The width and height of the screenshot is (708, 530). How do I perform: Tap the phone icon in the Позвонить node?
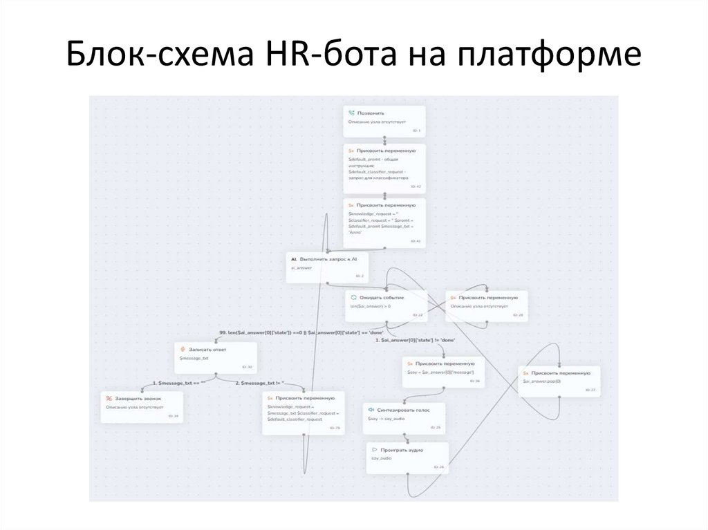(352, 112)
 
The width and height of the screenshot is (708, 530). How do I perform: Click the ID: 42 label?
(416, 187)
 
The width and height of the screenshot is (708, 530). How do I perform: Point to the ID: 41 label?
(416, 241)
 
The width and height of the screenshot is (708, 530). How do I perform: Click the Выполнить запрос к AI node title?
(333, 258)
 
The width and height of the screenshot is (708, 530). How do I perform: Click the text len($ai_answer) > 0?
(371, 305)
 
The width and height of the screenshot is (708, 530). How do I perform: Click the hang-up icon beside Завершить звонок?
(109, 399)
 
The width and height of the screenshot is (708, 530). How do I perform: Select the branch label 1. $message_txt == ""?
(178, 383)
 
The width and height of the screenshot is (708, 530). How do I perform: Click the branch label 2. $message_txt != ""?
(259, 383)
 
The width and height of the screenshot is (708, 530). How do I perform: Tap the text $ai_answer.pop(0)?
(542, 381)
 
